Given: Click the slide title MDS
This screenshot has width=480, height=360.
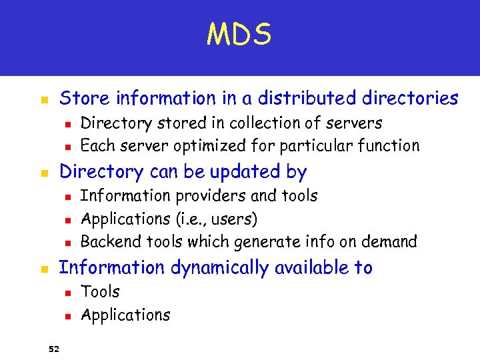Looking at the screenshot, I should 239,35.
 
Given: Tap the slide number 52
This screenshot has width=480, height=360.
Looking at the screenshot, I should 53,347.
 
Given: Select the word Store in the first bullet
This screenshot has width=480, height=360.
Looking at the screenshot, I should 80,99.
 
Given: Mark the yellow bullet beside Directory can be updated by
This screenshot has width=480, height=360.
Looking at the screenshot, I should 44,173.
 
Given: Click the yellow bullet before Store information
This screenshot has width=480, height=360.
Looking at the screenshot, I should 44,100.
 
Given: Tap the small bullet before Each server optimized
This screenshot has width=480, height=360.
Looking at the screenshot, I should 67,147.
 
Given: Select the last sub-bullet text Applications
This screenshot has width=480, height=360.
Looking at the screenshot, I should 125,315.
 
